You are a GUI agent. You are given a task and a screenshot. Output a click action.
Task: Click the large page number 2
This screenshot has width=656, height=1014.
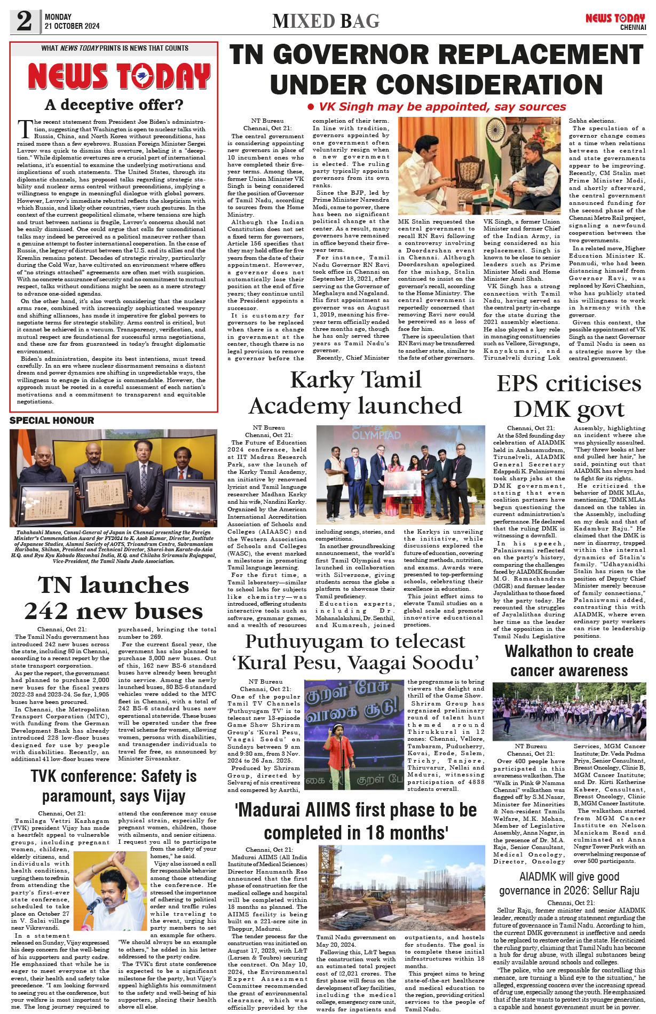coord(24,21)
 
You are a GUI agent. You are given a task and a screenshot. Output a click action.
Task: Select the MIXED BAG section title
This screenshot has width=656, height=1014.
coord(326,21)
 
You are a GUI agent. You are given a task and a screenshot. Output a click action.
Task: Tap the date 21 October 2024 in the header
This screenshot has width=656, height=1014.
coord(72,26)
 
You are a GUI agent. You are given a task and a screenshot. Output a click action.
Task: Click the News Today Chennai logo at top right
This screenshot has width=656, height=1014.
coord(615,21)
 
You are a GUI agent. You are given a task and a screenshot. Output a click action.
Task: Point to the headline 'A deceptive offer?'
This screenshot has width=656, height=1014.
coord(114,105)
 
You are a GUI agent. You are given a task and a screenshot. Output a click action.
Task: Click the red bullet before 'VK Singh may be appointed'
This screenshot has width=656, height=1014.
coord(311,107)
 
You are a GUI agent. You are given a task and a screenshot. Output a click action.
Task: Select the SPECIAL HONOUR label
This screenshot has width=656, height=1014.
coord(52,421)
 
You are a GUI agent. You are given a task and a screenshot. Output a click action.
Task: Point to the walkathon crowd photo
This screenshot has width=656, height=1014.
coord(569,710)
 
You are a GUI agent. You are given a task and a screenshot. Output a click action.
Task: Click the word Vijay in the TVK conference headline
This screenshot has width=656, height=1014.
coord(167,796)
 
